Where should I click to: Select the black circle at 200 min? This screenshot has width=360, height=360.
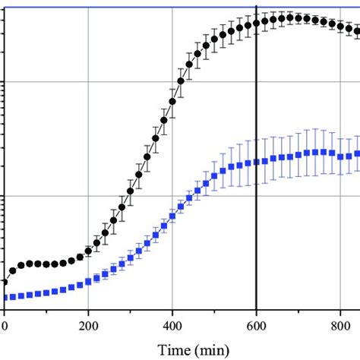[x=89, y=252]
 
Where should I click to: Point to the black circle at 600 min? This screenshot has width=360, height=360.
[x=257, y=23]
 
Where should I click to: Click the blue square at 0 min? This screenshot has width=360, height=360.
[x=5, y=297]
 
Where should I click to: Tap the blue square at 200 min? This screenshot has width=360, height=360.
[x=89, y=280]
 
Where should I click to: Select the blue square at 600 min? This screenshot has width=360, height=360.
[x=257, y=161]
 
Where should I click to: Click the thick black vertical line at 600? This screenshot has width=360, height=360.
[x=257, y=228]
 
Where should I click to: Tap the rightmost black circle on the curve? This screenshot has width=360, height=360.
[x=357, y=32]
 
